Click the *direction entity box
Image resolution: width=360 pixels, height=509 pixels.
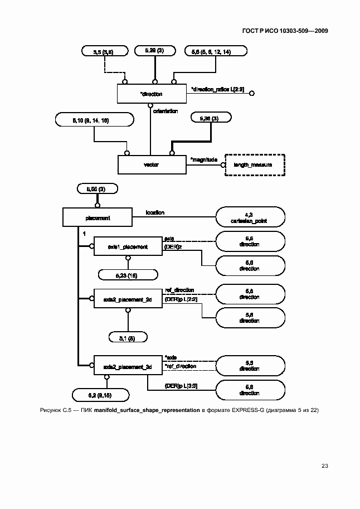coord(152,94)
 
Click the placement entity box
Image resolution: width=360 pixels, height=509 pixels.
coord(97,218)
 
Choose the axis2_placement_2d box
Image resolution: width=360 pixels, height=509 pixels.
coord(128,299)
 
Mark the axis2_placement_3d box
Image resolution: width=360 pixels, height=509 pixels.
coord(128,366)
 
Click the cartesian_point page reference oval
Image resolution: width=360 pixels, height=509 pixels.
coord(250,217)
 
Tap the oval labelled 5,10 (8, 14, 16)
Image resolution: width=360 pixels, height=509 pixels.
coord(95,120)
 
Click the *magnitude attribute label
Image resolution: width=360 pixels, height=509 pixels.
coord(204,159)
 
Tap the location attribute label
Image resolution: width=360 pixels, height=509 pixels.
coord(155,212)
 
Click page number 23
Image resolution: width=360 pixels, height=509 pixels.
coord(325,466)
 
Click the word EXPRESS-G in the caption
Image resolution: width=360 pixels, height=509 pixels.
coord(237,410)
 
